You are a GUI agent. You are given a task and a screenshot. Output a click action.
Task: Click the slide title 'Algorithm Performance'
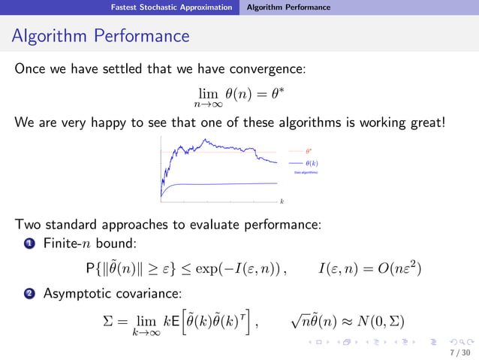(101, 36)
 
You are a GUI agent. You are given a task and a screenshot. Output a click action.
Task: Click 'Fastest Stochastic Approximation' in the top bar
(171, 8)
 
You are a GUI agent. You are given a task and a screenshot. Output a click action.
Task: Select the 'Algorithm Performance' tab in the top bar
(288, 8)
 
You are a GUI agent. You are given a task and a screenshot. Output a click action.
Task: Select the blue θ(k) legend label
(312, 162)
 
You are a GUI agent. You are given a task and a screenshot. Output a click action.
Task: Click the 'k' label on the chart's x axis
(282, 201)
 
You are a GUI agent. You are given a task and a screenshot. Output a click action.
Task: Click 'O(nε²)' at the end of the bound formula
(394, 268)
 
